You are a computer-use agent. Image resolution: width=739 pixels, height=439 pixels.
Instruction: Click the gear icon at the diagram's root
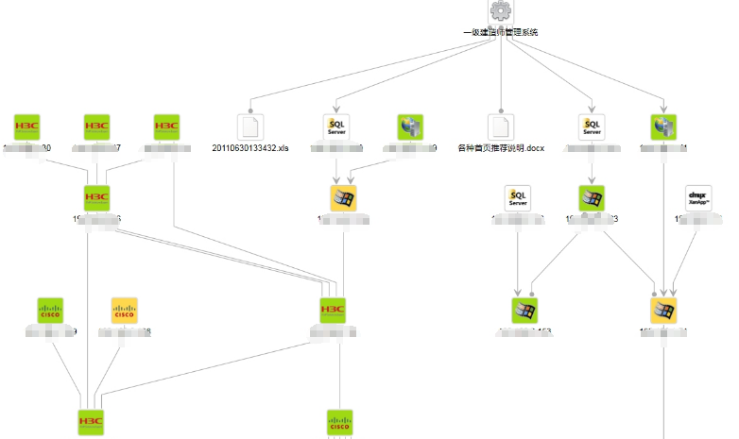tap(501, 11)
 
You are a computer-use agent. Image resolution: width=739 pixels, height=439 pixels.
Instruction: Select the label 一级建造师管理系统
tap(501, 32)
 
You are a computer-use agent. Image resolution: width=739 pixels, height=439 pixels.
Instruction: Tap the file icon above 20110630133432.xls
tap(249, 127)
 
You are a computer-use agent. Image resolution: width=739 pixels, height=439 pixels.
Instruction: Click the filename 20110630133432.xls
tap(249, 149)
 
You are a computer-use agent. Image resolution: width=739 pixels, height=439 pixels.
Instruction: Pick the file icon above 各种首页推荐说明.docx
tap(501, 127)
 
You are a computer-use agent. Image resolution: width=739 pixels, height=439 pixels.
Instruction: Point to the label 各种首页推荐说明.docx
tap(501, 149)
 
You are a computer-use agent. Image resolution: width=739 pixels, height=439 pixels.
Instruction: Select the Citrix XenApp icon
tap(697, 198)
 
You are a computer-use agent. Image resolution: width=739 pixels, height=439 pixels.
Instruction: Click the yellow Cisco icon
tap(125, 310)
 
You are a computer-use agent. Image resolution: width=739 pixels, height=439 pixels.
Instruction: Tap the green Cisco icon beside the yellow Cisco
tap(49, 310)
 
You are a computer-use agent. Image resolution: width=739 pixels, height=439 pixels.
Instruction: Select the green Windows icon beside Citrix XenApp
tap(592, 198)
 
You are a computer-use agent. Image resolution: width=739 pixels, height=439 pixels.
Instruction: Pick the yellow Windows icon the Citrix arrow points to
tap(664, 310)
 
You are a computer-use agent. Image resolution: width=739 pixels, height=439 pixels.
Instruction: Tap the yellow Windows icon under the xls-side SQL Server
tap(343, 198)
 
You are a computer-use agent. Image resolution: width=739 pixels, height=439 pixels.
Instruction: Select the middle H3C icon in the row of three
tap(97, 127)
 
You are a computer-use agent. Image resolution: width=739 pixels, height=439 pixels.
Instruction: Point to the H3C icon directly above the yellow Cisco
tap(97, 198)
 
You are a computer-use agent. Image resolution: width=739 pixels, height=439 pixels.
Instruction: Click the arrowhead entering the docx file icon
tap(501, 110)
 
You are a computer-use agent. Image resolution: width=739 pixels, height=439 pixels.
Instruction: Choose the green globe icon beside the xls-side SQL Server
tap(410, 127)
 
